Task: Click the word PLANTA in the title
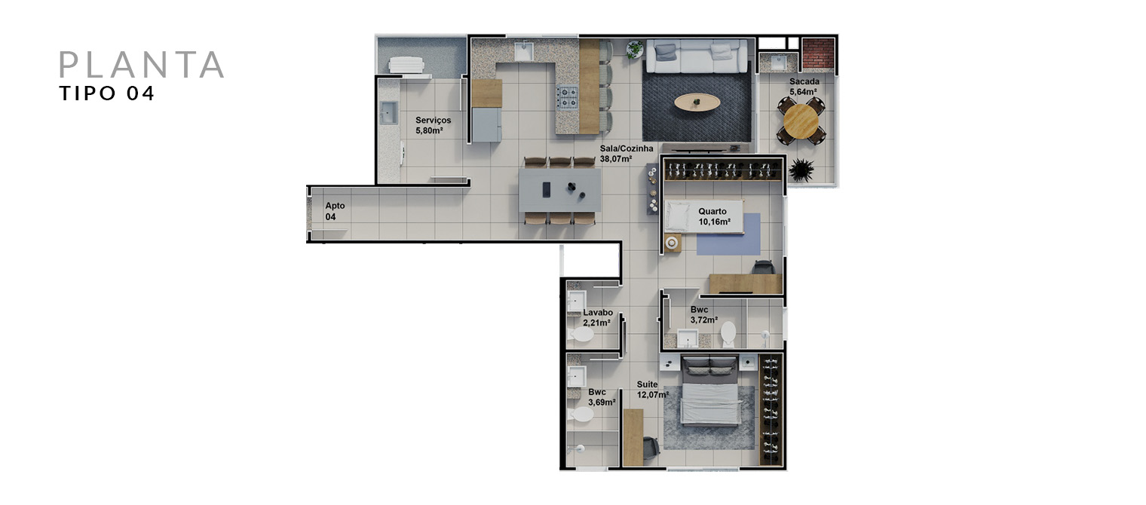click(142, 64)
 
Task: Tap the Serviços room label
click(433, 125)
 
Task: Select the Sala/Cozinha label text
click(627, 154)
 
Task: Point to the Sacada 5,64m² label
click(804, 87)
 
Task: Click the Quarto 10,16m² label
click(714, 216)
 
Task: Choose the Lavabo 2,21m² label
click(598, 318)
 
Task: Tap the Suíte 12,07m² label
click(652, 390)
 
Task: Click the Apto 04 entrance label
click(335, 211)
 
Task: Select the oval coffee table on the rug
click(697, 103)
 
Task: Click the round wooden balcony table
click(801, 121)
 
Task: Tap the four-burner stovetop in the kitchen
click(568, 97)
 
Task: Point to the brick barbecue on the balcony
click(817, 54)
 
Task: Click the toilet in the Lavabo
click(582, 335)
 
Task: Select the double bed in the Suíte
click(710, 391)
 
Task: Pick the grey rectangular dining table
click(559, 190)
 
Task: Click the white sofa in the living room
click(697, 57)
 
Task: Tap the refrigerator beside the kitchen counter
click(486, 125)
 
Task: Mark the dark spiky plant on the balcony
click(801, 170)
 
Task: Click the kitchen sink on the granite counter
click(524, 51)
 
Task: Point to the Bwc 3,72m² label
click(703, 314)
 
